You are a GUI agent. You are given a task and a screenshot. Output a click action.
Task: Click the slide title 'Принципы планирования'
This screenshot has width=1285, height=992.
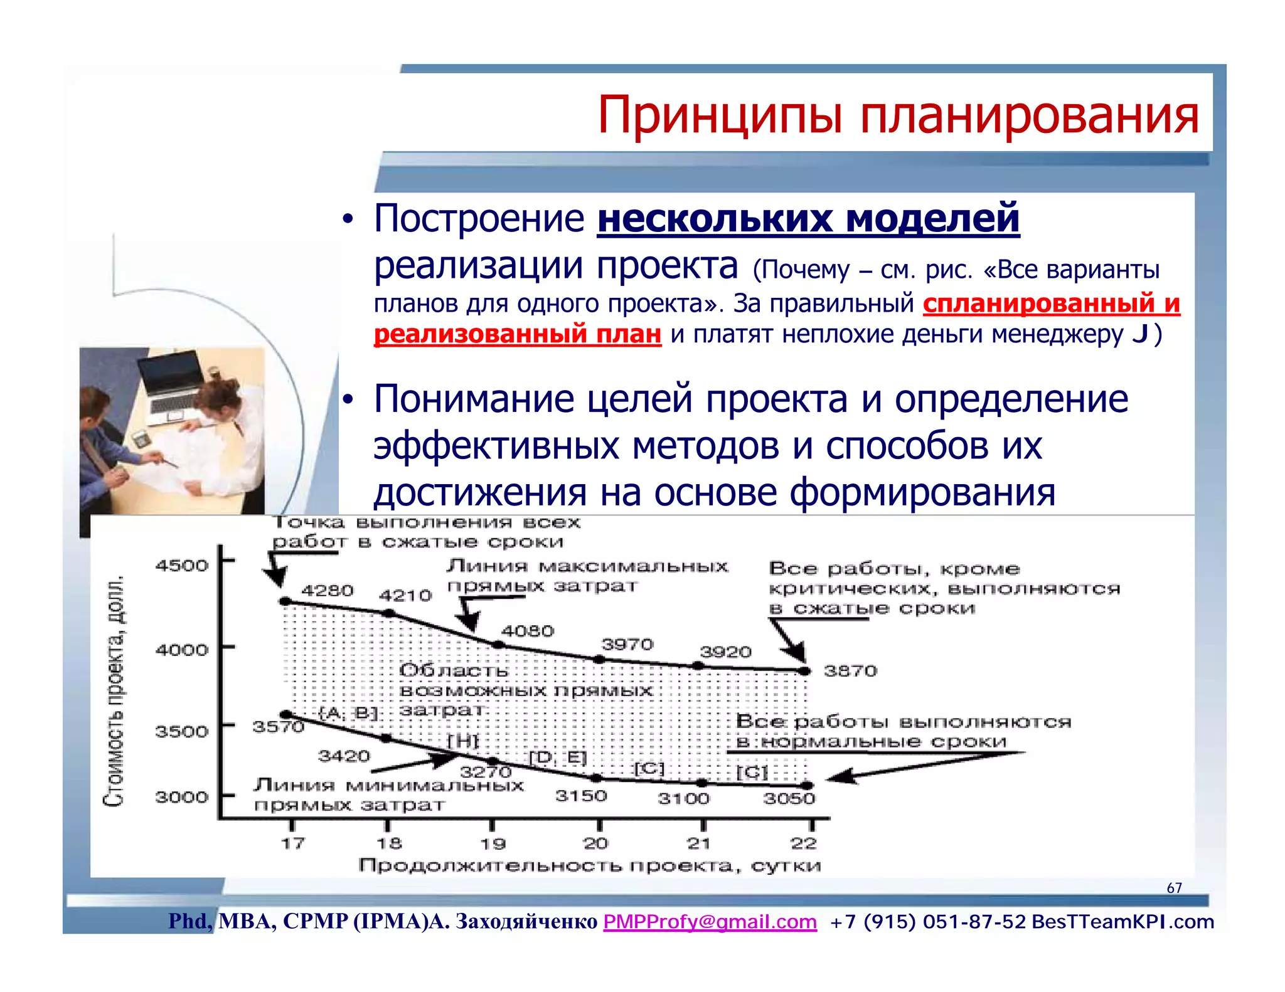tap(898, 115)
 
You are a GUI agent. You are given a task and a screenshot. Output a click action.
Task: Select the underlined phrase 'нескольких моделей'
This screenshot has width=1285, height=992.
tap(808, 219)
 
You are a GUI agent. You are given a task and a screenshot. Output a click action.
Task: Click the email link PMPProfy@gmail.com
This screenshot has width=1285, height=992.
tap(710, 922)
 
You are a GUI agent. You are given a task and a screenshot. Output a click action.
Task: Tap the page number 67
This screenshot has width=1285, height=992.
tap(1174, 888)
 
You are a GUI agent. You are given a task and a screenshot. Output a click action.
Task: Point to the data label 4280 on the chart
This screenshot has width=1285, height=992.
tap(328, 591)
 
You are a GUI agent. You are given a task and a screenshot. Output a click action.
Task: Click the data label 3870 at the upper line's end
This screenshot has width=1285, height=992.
tap(850, 671)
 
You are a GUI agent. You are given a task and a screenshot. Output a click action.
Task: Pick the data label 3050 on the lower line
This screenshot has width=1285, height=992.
tap(789, 798)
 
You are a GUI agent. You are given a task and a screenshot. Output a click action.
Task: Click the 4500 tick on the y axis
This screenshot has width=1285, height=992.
tap(181, 566)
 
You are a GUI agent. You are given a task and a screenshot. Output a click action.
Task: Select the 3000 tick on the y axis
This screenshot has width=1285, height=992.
tap(181, 797)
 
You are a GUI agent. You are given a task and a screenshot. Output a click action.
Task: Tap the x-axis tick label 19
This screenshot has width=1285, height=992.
tap(493, 843)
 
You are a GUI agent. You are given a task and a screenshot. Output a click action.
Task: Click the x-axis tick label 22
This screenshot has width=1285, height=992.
tap(803, 843)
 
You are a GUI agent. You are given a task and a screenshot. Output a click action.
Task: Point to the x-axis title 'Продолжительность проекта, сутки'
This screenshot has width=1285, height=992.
tap(589, 866)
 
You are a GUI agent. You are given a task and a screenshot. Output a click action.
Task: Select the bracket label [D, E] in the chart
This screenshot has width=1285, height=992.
tap(558, 757)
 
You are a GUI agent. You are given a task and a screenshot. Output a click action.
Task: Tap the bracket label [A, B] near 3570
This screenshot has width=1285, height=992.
tap(348, 713)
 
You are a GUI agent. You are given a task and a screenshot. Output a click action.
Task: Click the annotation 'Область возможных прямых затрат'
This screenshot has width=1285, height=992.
tap(525, 690)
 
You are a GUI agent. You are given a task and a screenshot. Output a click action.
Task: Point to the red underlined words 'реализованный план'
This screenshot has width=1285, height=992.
tap(517, 334)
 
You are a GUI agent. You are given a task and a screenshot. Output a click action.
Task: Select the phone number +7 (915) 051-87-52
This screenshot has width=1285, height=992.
tap(927, 922)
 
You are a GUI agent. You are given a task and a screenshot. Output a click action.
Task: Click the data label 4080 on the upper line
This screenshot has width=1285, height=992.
tap(527, 631)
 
